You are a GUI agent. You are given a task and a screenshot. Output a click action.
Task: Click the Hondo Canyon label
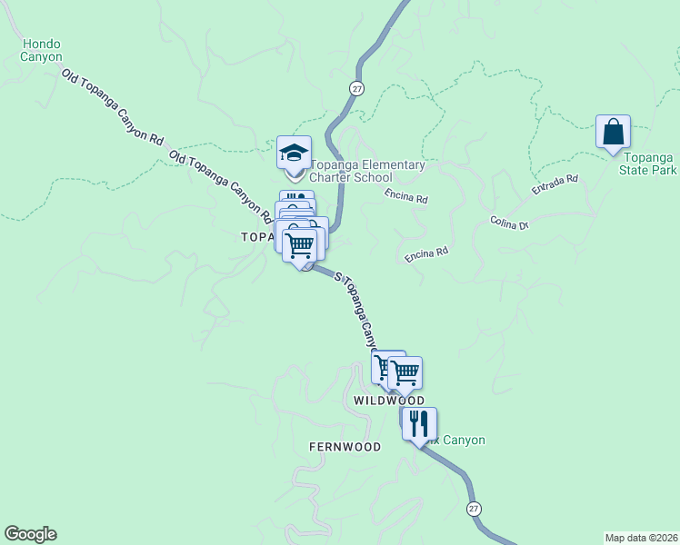pos(42,50)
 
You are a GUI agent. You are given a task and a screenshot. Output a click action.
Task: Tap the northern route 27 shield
pos(356,87)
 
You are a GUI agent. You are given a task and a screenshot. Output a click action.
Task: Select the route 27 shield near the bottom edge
pos(474,508)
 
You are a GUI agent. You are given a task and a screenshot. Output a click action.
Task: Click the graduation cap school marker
pos(294,154)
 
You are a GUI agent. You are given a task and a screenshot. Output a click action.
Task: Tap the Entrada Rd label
pos(555,186)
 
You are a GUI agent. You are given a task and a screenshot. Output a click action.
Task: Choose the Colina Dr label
pos(509,223)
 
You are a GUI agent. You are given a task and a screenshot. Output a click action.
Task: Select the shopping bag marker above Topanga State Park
pos(614,132)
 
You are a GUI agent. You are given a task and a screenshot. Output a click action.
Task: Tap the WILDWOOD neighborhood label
pos(389,401)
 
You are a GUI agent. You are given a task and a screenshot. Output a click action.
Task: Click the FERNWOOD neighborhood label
pos(345,447)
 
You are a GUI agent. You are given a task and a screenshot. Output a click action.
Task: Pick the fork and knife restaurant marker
pos(419,423)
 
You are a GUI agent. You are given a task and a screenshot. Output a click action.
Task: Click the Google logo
pos(30,534)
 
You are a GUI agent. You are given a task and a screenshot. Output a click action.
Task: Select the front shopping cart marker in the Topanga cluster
pos(300,244)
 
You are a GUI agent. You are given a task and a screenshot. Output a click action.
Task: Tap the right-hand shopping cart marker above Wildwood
pos(405,372)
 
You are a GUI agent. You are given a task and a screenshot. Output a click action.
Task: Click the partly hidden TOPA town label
pos(256,237)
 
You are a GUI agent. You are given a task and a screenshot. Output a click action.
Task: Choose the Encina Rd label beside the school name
pos(405,195)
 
